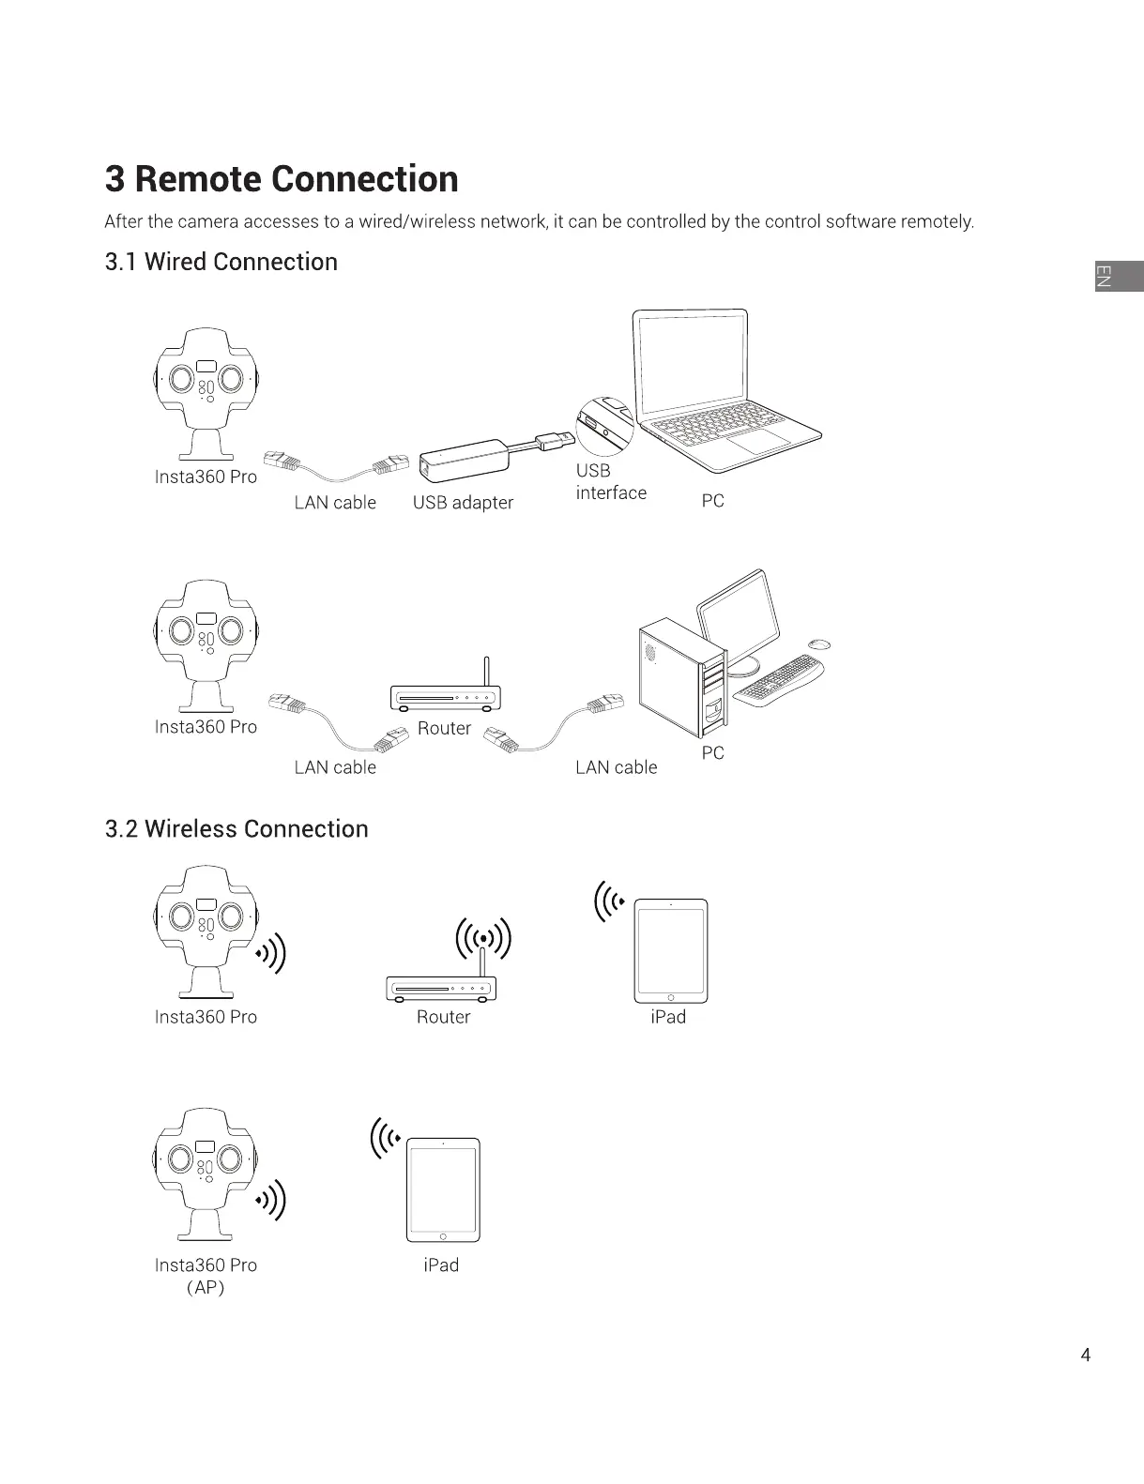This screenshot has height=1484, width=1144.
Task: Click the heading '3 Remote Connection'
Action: (x=282, y=179)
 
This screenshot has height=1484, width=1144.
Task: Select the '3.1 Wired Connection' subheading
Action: (x=221, y=262)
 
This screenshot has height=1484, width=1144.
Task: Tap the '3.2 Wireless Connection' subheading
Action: (x=236, y=829)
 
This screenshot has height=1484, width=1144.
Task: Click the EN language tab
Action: (x=1118, y=276)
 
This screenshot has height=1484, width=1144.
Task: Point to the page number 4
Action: (x=1086, y=1355)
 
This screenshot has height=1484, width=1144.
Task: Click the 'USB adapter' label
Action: (x=463, y=503)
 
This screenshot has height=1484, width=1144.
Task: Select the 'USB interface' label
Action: (x=610, y=482)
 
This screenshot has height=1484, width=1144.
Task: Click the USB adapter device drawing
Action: (x=465, y=460)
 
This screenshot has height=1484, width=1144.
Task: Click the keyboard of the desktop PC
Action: (x=778, y=679)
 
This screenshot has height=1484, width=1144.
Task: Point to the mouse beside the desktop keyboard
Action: (x=819, y=644)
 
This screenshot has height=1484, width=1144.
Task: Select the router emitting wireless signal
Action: (x=442, y=985)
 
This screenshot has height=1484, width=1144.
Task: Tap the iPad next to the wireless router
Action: (x=671, y=951)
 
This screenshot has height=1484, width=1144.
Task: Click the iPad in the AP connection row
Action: (x=442, y=1190)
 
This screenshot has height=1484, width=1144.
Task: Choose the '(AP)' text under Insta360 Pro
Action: (x=206, y=1288)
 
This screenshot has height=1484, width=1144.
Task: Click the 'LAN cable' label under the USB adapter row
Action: (x=335, y=503)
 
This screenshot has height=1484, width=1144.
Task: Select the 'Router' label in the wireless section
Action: (x=443, y=1018)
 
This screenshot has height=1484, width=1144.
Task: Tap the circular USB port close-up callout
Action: (x=604, y=427)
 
